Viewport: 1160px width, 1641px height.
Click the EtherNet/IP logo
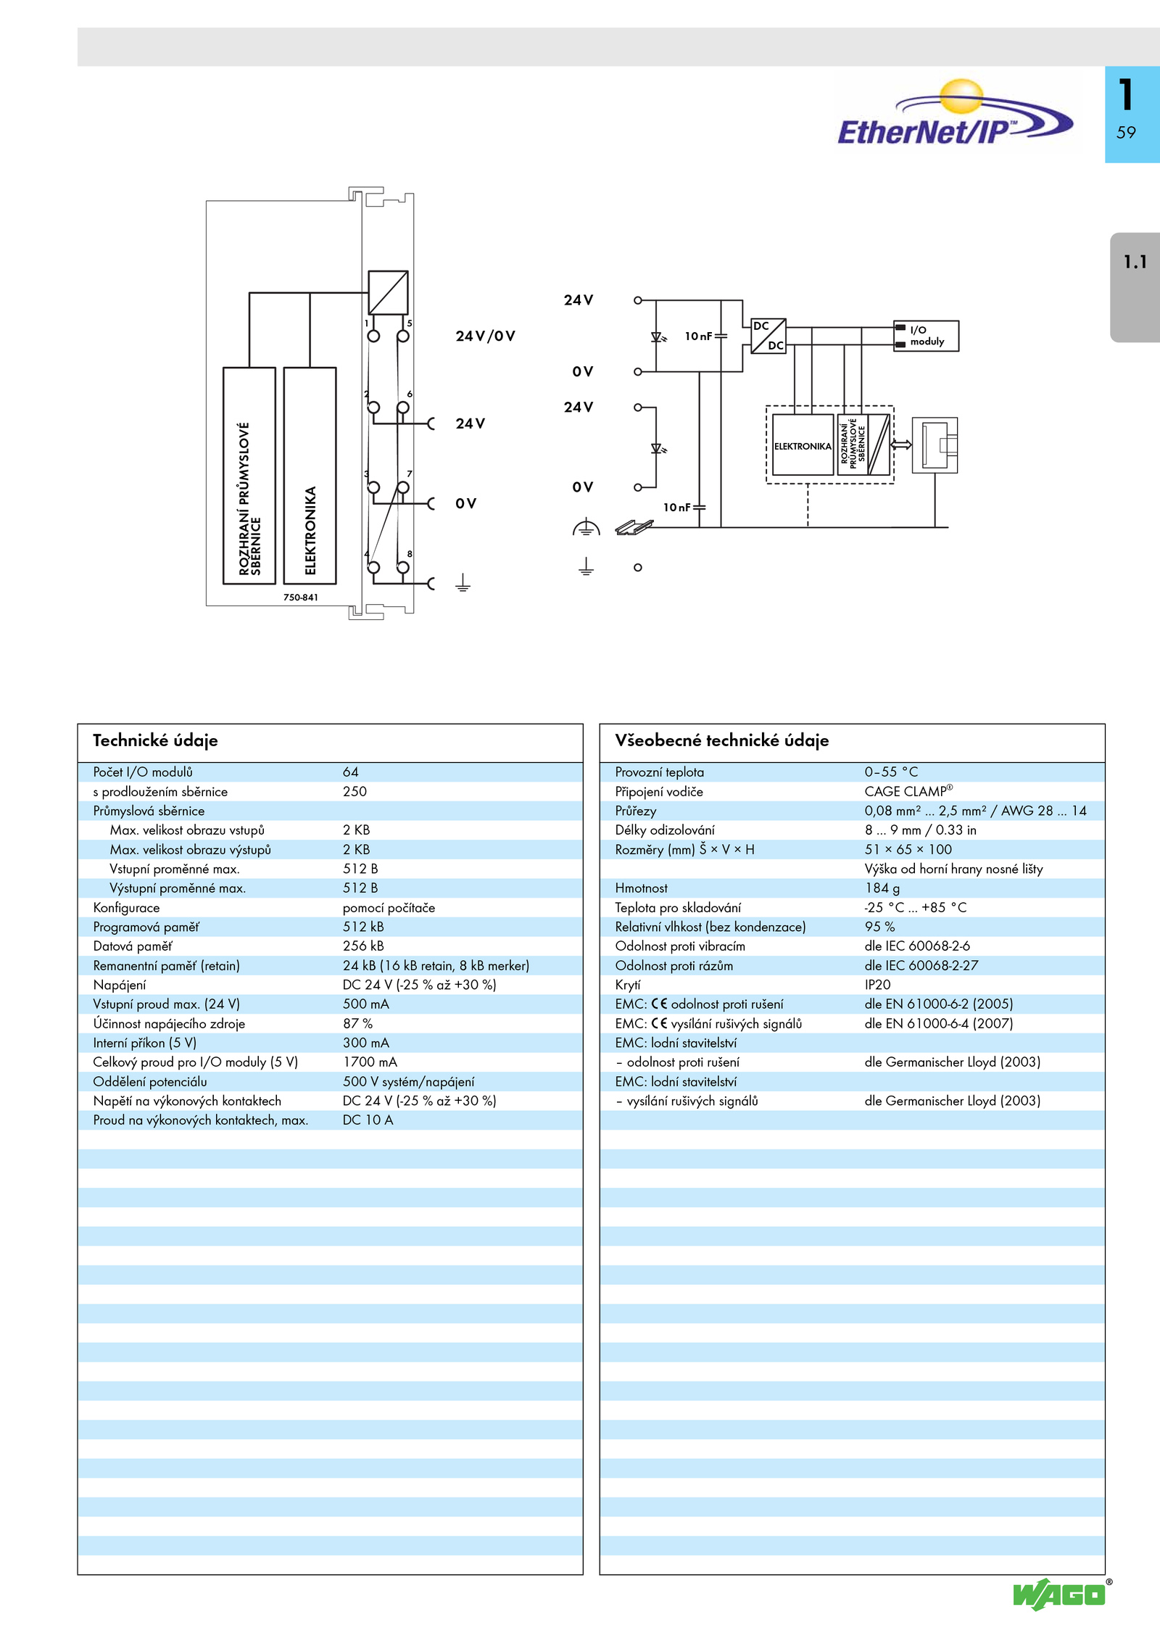point(955,114)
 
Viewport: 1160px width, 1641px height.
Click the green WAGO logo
point(1059,1595)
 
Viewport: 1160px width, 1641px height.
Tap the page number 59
point(1126,133)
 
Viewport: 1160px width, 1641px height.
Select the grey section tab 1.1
point(1135,287)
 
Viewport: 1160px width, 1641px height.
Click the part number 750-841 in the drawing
point(301,598)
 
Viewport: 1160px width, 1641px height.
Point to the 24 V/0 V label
point(485,336)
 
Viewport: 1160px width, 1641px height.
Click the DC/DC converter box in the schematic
point(768,336)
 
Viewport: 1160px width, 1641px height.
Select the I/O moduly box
point(926,336)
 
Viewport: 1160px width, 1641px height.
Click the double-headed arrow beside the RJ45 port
point(901,445)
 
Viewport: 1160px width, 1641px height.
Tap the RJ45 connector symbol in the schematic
point(935,445)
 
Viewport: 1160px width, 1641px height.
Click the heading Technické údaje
point(155,740)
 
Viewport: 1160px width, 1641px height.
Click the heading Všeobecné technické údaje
point(721,740)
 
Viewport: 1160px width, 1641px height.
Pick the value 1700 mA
point(370,1062)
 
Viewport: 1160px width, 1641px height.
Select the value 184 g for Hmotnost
point(882,888)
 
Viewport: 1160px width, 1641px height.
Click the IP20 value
point(877,985)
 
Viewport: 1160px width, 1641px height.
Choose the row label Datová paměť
point(133,946)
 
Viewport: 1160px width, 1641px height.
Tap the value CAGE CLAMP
point(908,791)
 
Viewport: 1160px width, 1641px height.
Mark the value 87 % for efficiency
point(357,1023)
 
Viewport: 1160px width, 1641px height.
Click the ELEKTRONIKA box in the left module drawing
point(310,475)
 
